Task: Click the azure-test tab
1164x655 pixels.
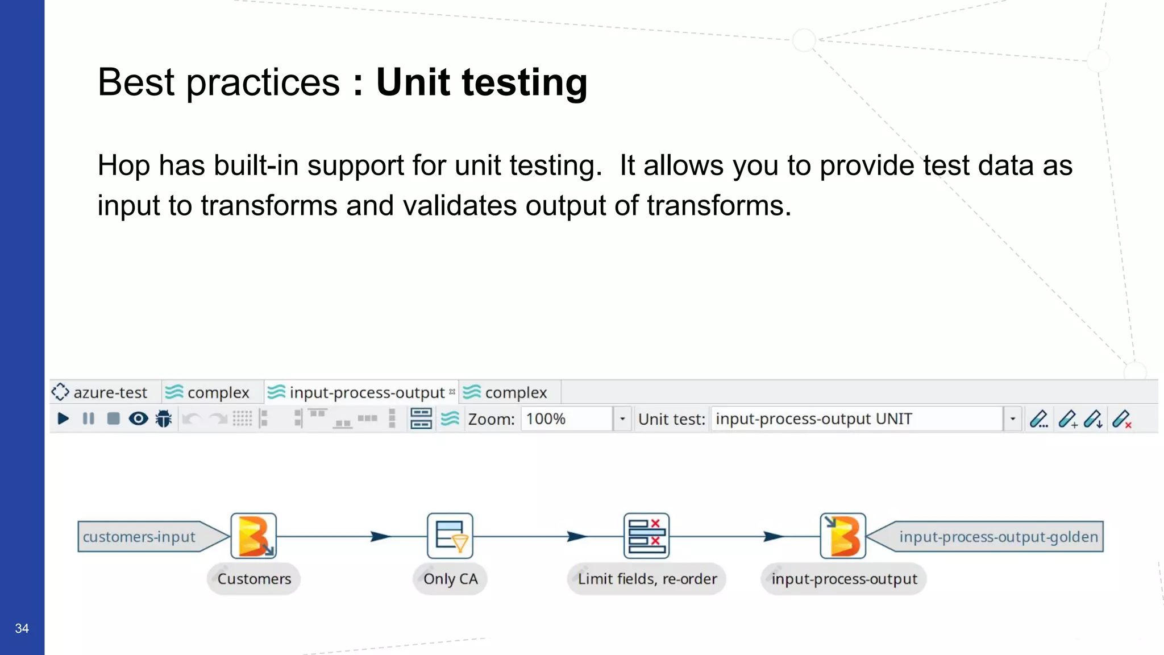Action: pos(100,392)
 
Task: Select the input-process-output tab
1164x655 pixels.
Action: pos(361,392)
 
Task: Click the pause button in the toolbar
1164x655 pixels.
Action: pos(88,419)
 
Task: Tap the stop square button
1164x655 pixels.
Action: pos(113,419)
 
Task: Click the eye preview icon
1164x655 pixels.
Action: pos(138,419)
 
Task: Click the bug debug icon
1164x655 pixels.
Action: pos(164,419)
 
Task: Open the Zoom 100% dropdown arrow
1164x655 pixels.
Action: pos(622,419)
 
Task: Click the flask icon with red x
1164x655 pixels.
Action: pos(1122,420)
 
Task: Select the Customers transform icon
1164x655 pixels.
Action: pos(254,536)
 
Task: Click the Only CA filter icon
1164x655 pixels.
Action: pos(450,536)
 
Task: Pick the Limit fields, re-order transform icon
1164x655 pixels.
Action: pos(647,536)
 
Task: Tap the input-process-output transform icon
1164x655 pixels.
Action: pos(843,536)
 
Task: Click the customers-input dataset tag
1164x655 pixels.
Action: pos(139,537)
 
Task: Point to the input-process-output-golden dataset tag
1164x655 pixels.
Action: pos(997,537)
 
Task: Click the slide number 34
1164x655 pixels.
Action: pos(22,628)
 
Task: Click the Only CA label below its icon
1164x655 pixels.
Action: pos(450,579)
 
